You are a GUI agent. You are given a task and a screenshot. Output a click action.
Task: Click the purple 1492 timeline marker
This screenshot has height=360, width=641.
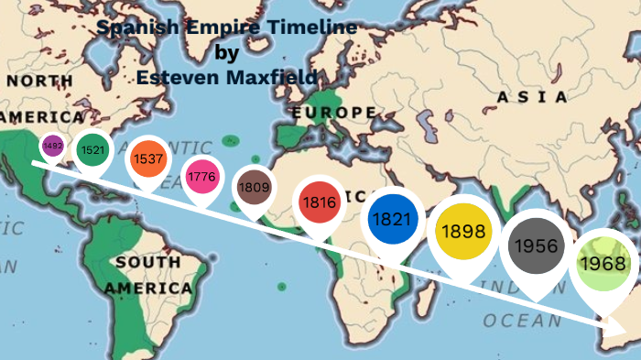(x=51, y=145)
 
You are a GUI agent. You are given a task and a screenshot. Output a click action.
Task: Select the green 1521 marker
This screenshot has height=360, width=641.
(x=92, y=149)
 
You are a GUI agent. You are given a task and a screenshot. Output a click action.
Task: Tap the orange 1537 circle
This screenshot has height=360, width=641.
(x=147, y=158)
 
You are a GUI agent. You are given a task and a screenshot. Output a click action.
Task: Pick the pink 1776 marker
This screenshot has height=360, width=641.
(x=200, y=176)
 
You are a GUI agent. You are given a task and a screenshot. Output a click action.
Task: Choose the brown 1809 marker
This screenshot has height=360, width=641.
(x=253, y=186)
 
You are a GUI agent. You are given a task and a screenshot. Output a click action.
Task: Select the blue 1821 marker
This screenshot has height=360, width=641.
(x=393, y=220)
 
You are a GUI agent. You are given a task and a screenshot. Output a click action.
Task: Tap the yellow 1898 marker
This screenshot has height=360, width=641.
(x=464, y=231)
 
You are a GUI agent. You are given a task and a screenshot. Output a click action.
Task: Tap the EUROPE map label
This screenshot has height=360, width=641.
(x=333, y=113)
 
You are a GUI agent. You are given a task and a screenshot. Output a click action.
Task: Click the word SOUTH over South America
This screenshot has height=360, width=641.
(x=147, y=263)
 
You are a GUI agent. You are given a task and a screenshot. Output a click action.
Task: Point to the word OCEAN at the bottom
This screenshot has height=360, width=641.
(x=523, y=321)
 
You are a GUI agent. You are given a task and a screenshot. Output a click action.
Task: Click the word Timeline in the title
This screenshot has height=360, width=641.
(x=305, y=27)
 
